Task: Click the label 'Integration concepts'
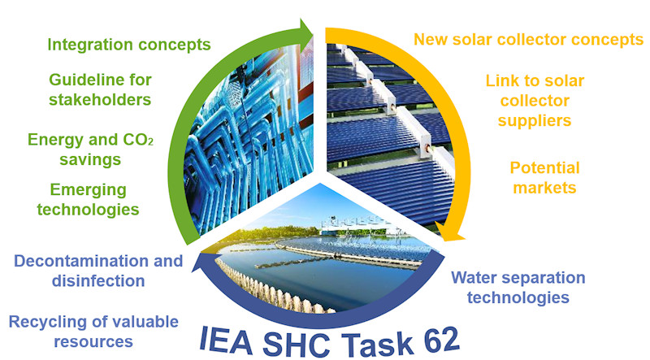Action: coord(129,45)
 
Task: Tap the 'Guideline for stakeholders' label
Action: coord(100,89)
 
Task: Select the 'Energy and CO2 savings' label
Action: coord(90,150)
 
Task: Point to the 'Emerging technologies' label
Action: coord(88,199)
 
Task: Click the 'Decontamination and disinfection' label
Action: coord(98,271)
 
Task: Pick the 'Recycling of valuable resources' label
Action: coord(93,332)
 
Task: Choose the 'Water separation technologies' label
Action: coord(518,288)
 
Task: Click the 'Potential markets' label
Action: coord(544,177)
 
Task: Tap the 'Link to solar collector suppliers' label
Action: coord(535,101)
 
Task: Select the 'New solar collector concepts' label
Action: coord(529,40)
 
